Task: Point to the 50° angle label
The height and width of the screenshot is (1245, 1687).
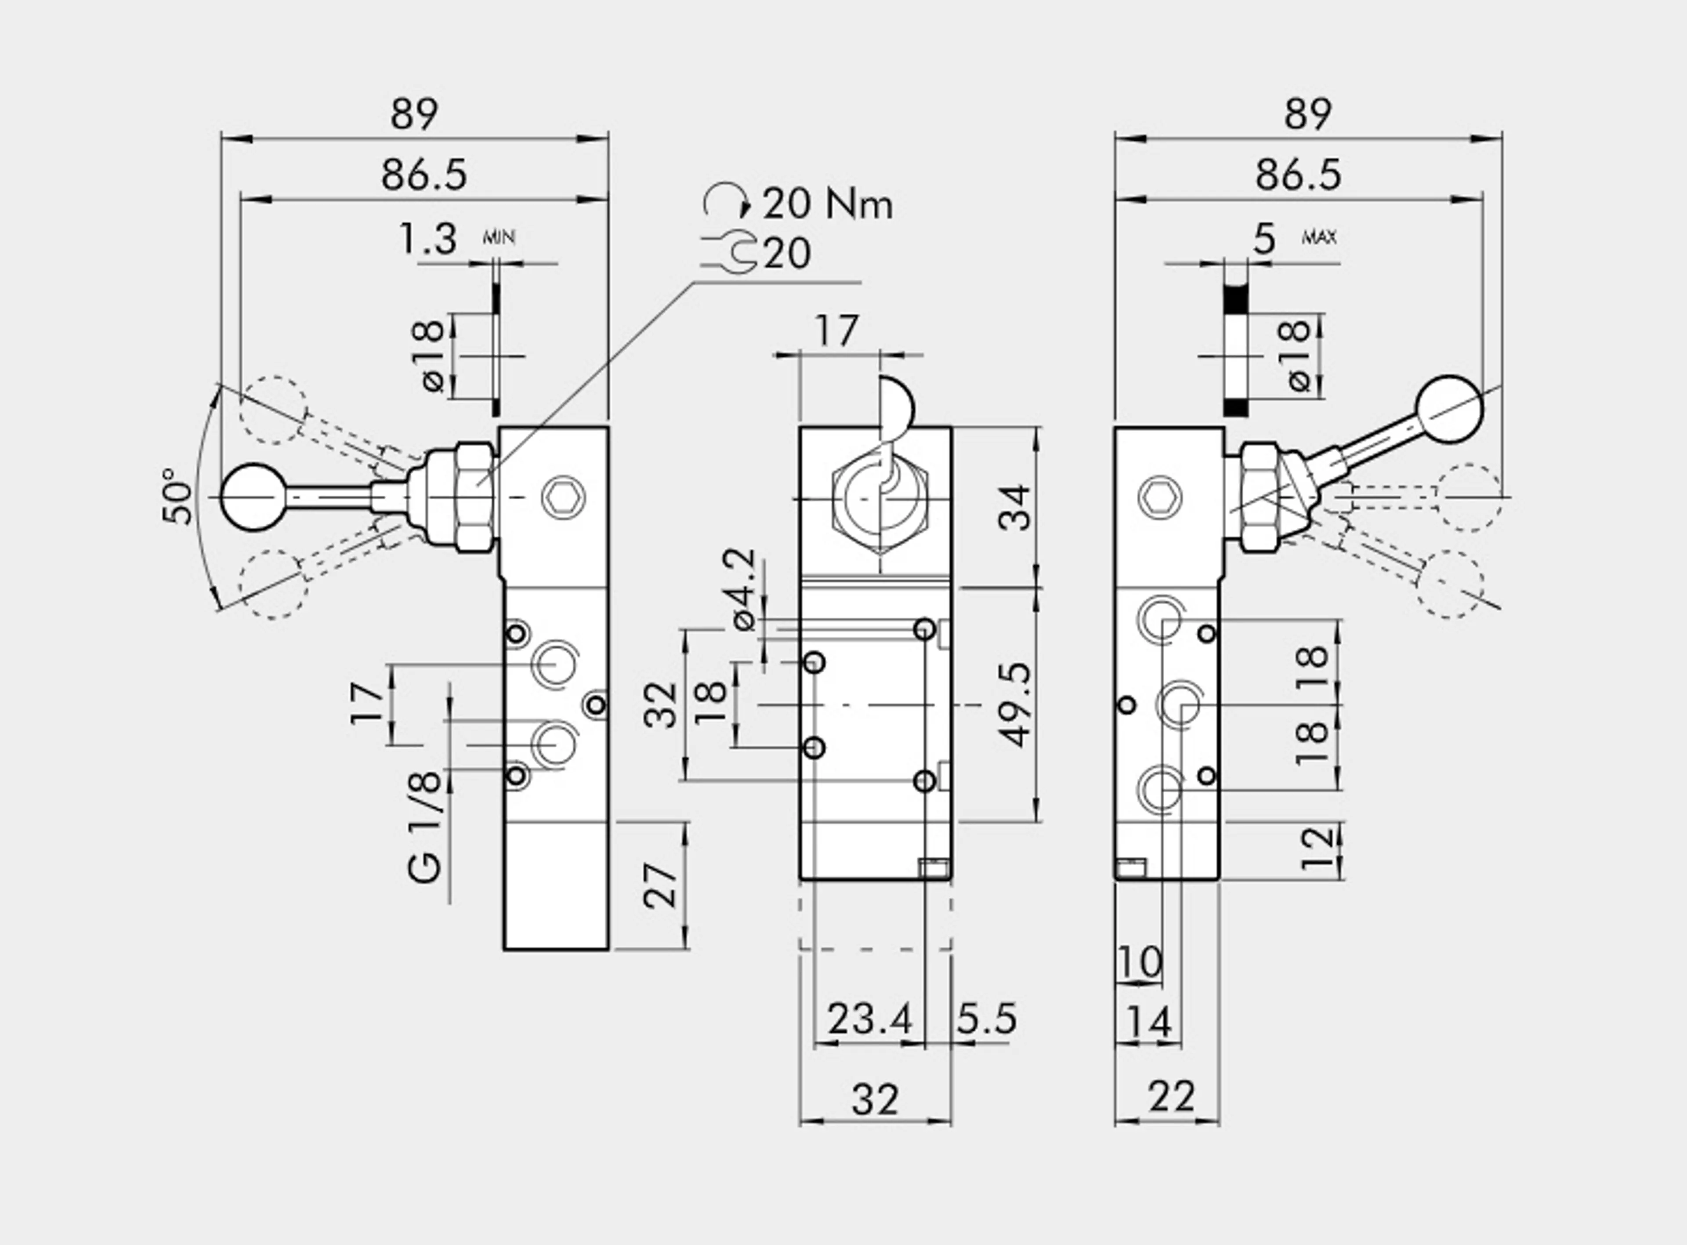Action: [178, 496]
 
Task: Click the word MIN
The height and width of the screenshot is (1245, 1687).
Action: [499, 237]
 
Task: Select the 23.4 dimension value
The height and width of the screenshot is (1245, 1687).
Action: [870, 1019]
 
